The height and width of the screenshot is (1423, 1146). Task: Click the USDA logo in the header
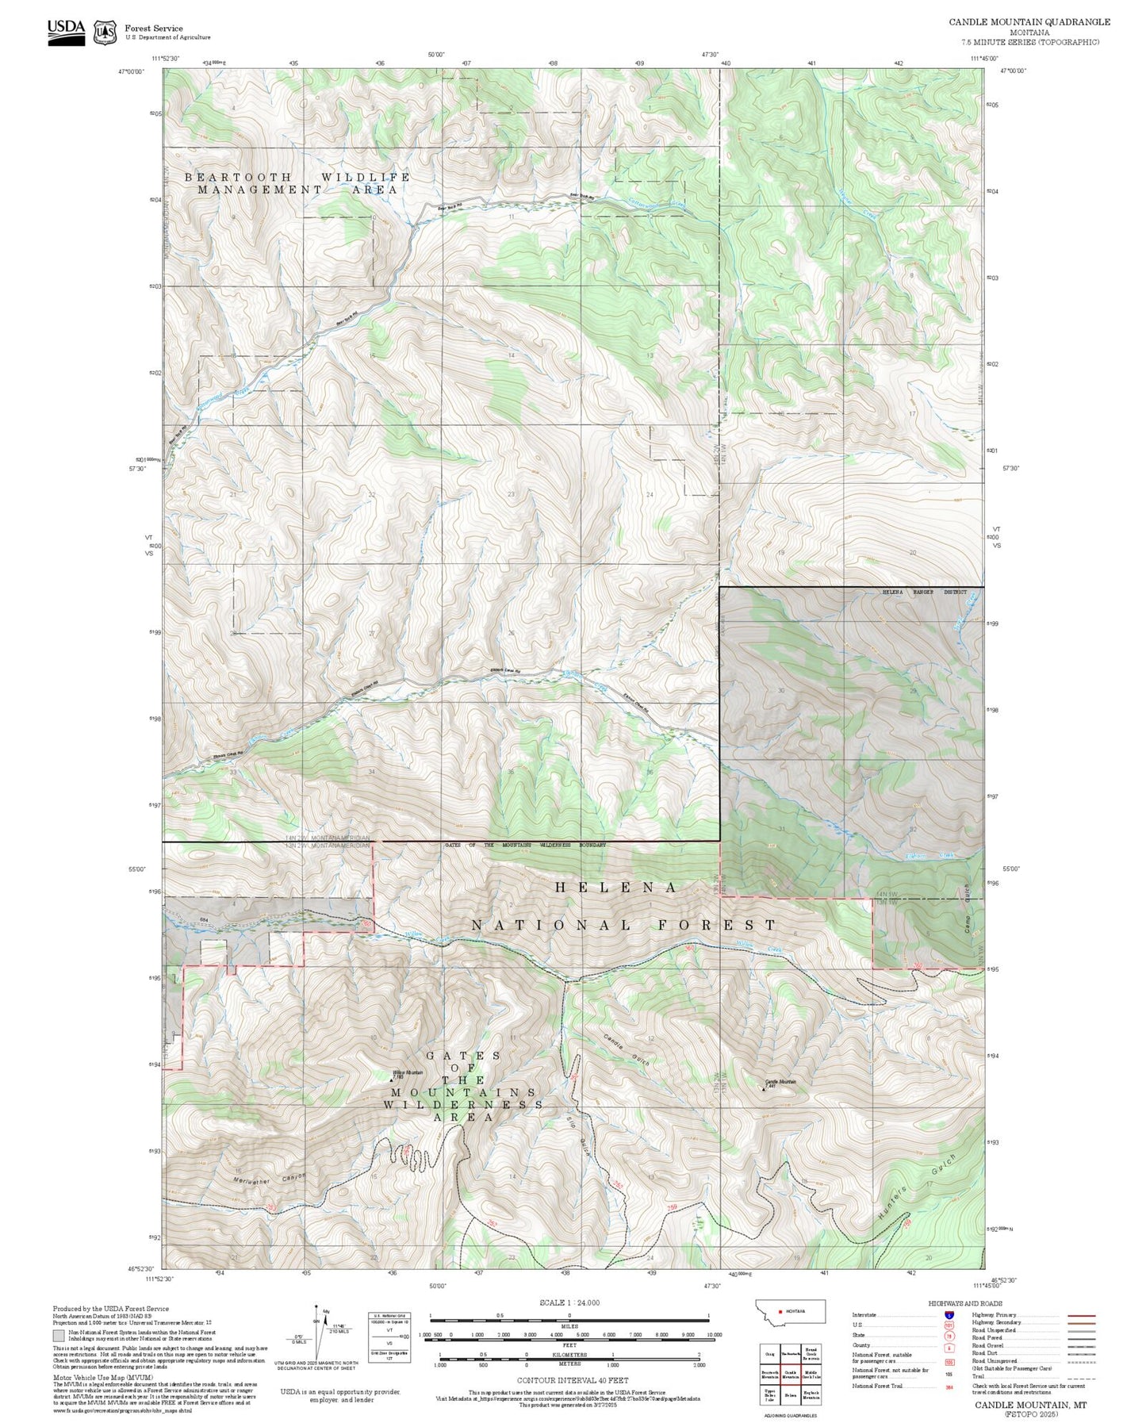point(66,32)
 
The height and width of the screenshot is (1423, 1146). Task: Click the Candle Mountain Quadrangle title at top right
point(1029,22)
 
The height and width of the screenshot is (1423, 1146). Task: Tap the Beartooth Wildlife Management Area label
point(297,183)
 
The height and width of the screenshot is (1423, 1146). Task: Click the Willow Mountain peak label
point(408,1073)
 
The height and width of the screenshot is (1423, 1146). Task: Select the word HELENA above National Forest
point(615,888)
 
